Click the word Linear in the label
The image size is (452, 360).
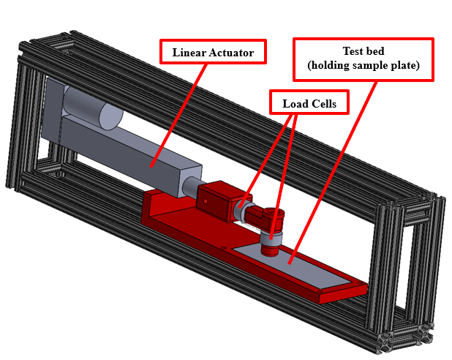point(189,53)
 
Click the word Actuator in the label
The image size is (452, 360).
point(231,53)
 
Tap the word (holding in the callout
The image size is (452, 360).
point(328,65)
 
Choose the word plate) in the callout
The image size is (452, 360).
point(405,65)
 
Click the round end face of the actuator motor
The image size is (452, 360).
point(111,116)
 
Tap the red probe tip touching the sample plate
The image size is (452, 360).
point(270,250)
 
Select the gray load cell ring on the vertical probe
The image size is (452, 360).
point(271,240)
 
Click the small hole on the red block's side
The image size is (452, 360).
point(206,201)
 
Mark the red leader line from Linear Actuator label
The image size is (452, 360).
point(178,116)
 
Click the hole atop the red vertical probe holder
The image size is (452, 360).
point(271,213)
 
